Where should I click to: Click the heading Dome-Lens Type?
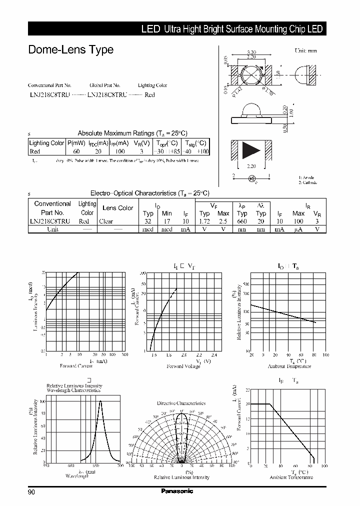click(70, 50)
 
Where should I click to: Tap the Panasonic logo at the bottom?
click(176, 491)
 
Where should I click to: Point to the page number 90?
click(31, 492)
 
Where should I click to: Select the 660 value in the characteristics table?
click(242, 221)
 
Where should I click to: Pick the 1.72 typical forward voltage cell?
click(204, 221)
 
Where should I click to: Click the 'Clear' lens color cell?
click(106, 221)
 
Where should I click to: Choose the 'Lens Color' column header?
click(117, 208)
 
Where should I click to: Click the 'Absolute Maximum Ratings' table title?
click(132, 133)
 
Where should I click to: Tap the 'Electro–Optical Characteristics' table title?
click(149, 193)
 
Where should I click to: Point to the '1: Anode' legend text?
click(306, 177)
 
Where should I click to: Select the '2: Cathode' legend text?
click(308, 182)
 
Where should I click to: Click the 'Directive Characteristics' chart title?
click(181, 403)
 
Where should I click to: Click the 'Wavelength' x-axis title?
click(77, 476)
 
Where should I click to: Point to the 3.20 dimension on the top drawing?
click(251, 52)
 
